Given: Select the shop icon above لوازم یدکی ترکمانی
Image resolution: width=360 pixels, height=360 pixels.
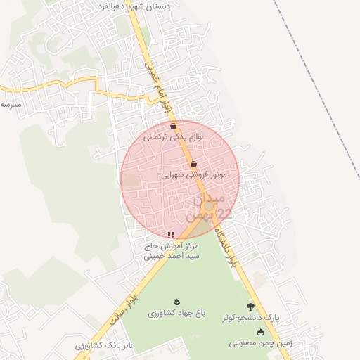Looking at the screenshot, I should point(174,127).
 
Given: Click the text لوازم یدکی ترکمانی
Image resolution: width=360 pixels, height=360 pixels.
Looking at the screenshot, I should point(174,138).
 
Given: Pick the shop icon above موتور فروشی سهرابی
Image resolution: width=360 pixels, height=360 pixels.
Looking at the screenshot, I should point(193,165).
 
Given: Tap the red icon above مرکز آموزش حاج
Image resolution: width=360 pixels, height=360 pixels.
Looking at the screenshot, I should point(171,235).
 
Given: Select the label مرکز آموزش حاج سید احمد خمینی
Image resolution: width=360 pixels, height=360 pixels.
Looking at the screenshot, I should point(172,251).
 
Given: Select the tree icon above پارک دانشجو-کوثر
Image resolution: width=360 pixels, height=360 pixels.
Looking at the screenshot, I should point(251,307).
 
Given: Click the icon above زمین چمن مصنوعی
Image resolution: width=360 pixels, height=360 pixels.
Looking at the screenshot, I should point(261,333).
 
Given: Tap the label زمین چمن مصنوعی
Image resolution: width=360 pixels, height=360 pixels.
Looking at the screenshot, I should point(255,344).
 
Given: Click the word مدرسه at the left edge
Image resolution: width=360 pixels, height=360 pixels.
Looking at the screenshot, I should point(11,105).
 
